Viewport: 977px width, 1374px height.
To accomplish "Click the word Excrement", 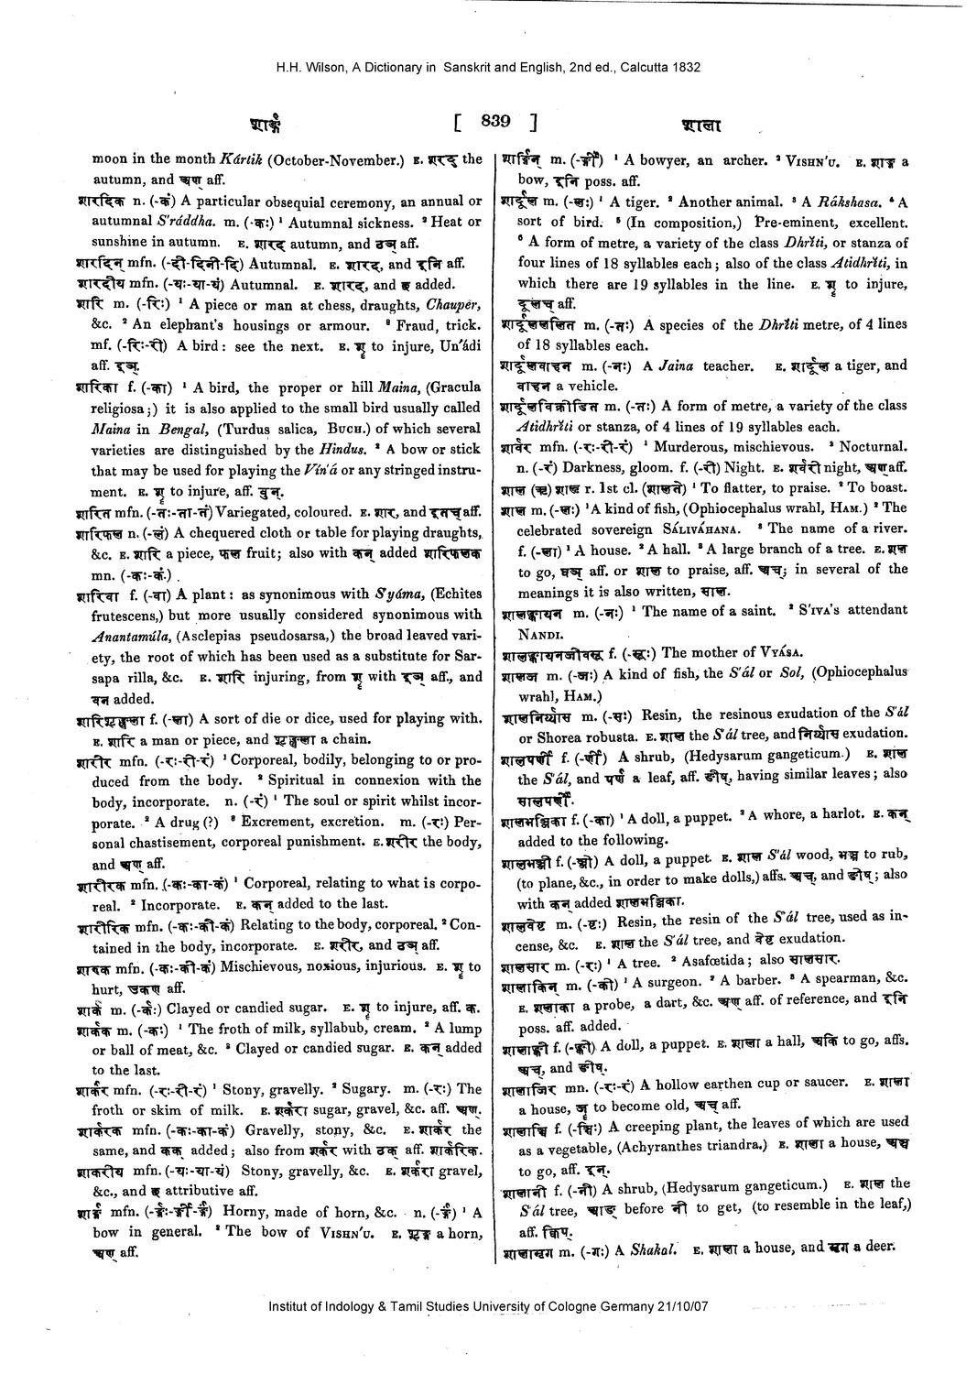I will tap(280, 822).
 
